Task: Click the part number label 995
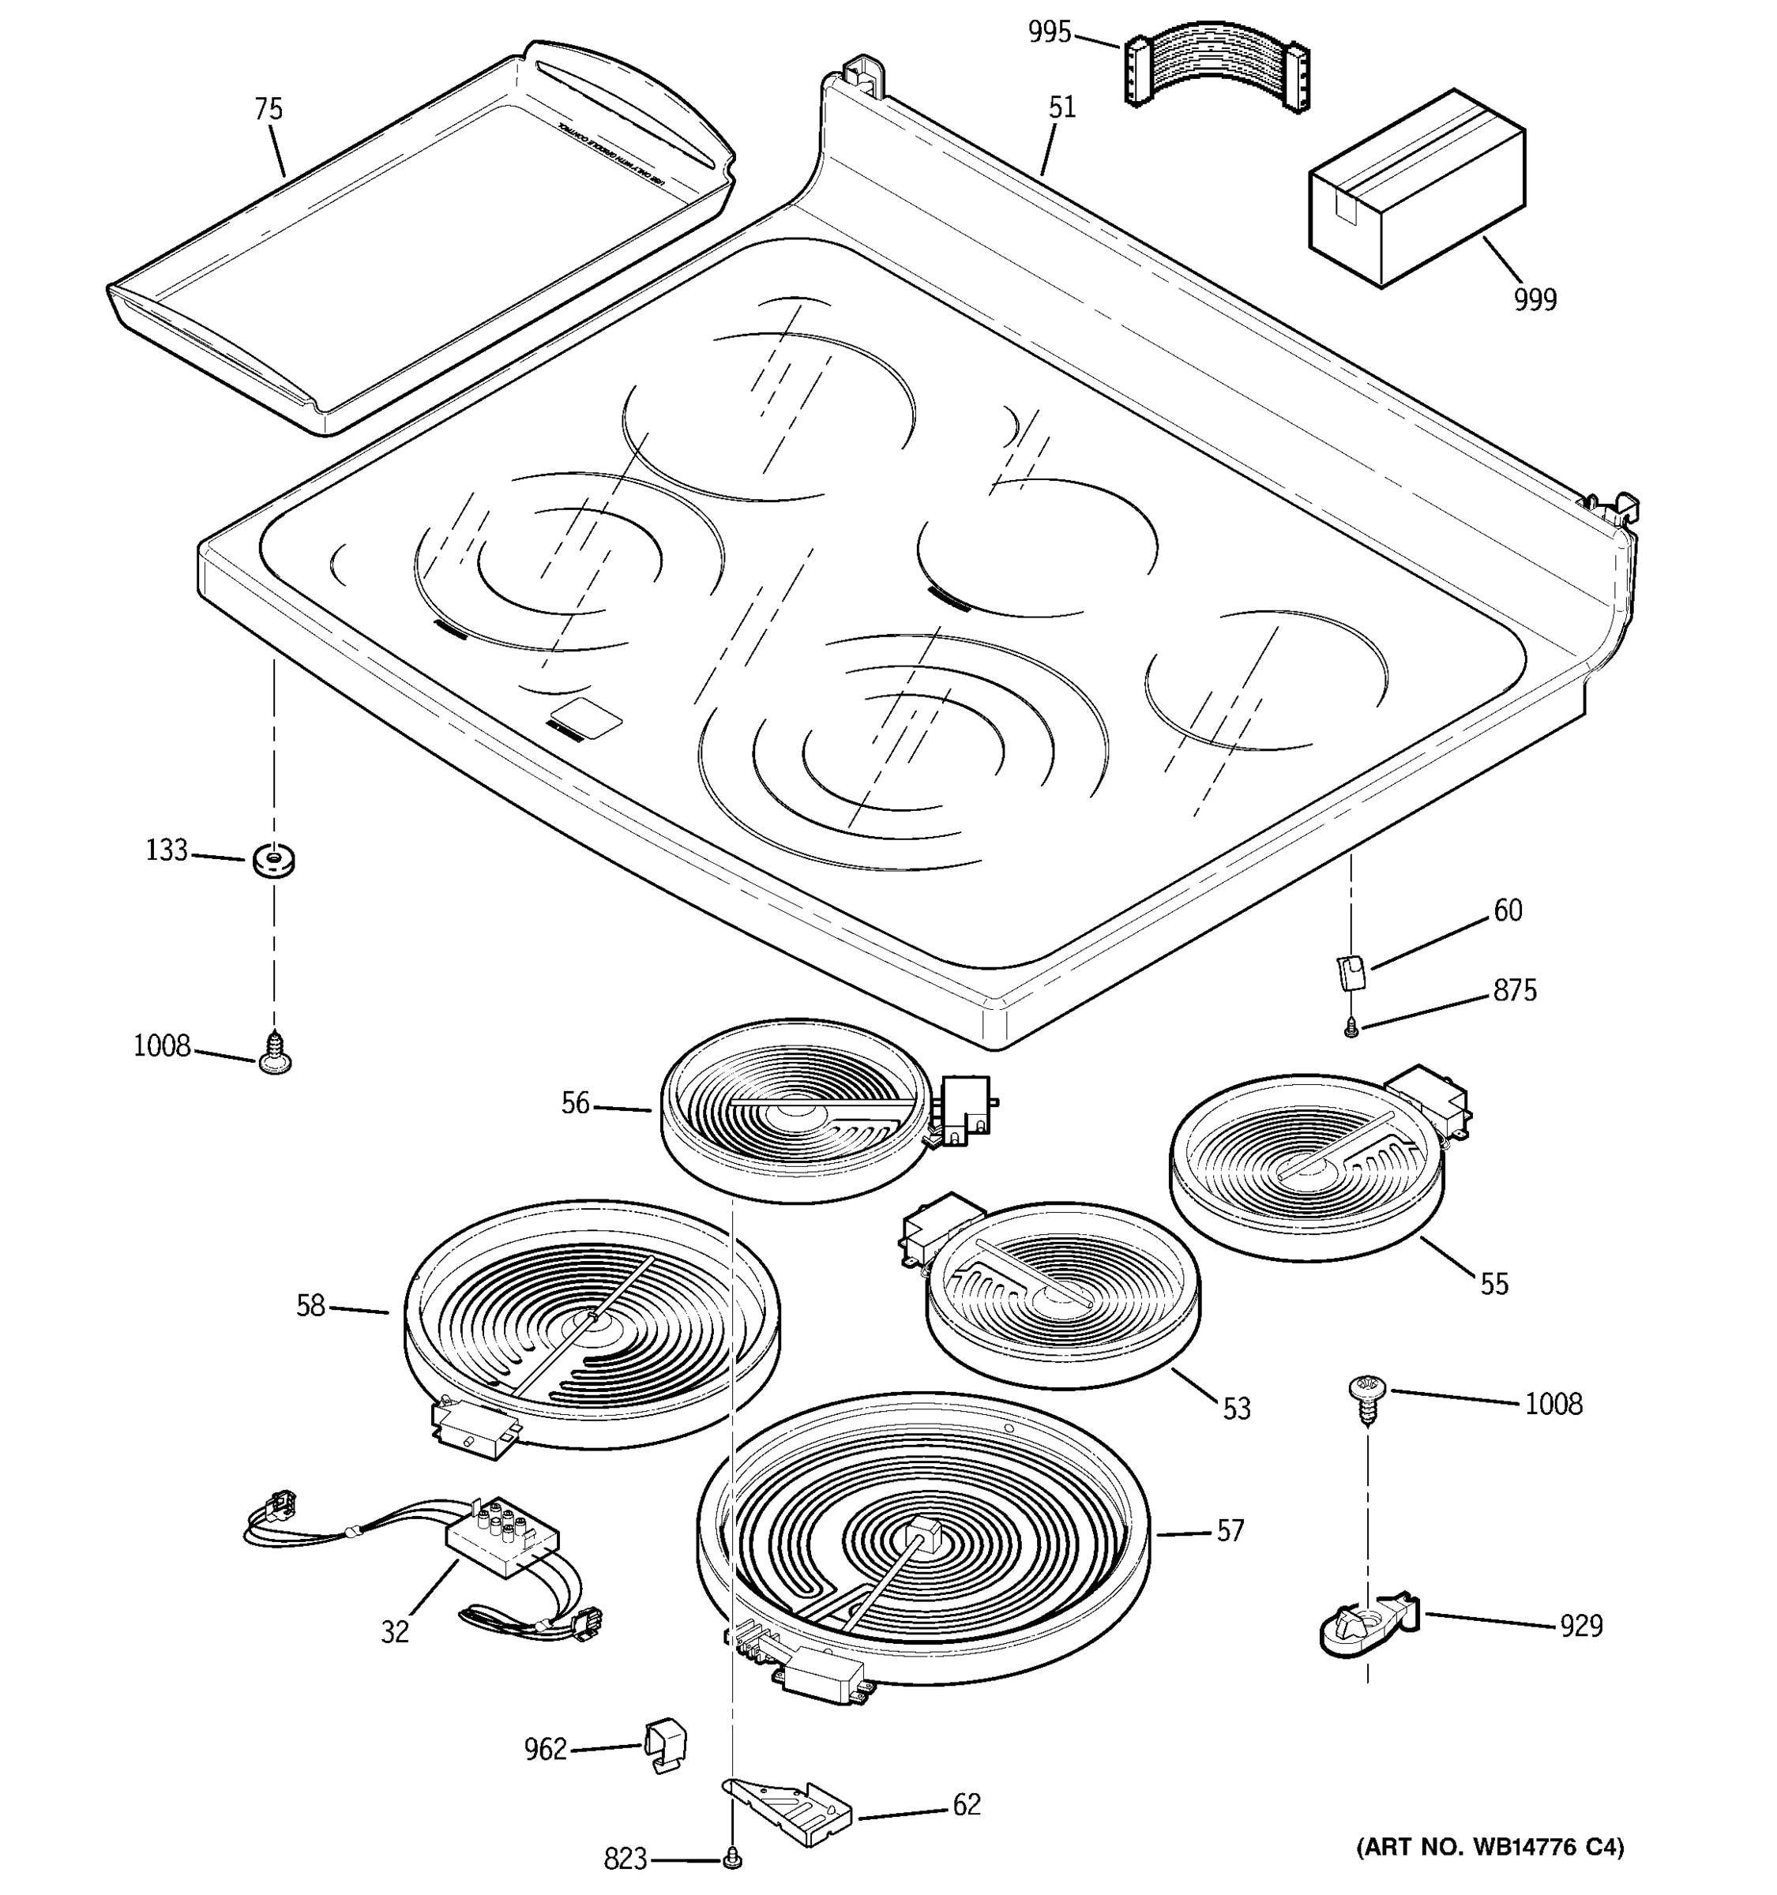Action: coord(1049,32)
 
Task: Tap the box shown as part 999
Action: coord(1416,188)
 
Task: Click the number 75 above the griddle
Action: coord(269,110)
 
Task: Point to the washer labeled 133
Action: coord(273,861)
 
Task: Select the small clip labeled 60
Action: coord(1351,972)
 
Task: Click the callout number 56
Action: coord(575,1104)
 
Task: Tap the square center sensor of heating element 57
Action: coord(921,1537)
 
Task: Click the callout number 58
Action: coord(311,1306)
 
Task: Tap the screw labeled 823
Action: coord(733,1858)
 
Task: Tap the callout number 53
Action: coord(1235,1409)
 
